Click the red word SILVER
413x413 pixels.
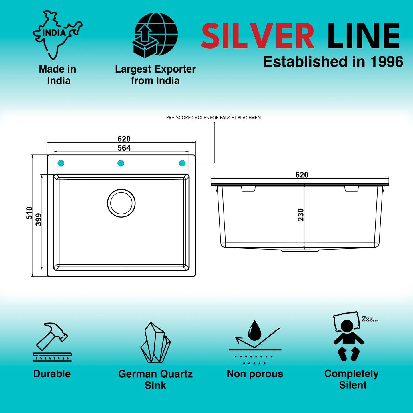click(x=258, y=36)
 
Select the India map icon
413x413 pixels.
click(x=57, y=35)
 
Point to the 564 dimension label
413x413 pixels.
click(x=124, y=148)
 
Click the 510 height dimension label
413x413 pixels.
click(x=29, y=213)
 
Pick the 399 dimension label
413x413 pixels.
click(x=38, y=219)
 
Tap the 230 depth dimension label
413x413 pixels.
click(x=301, y=215)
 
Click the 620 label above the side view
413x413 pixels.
click(x=302, y=175)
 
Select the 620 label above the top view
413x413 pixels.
click(x=124, y=139)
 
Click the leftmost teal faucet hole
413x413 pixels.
click(x=61, y=163)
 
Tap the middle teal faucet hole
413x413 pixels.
click(x=121, y=163)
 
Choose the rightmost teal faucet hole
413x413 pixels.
click(x=182, y=163)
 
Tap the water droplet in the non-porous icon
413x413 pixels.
click(x=255, y=330)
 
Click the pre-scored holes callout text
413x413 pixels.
click(x=215, y=118)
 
